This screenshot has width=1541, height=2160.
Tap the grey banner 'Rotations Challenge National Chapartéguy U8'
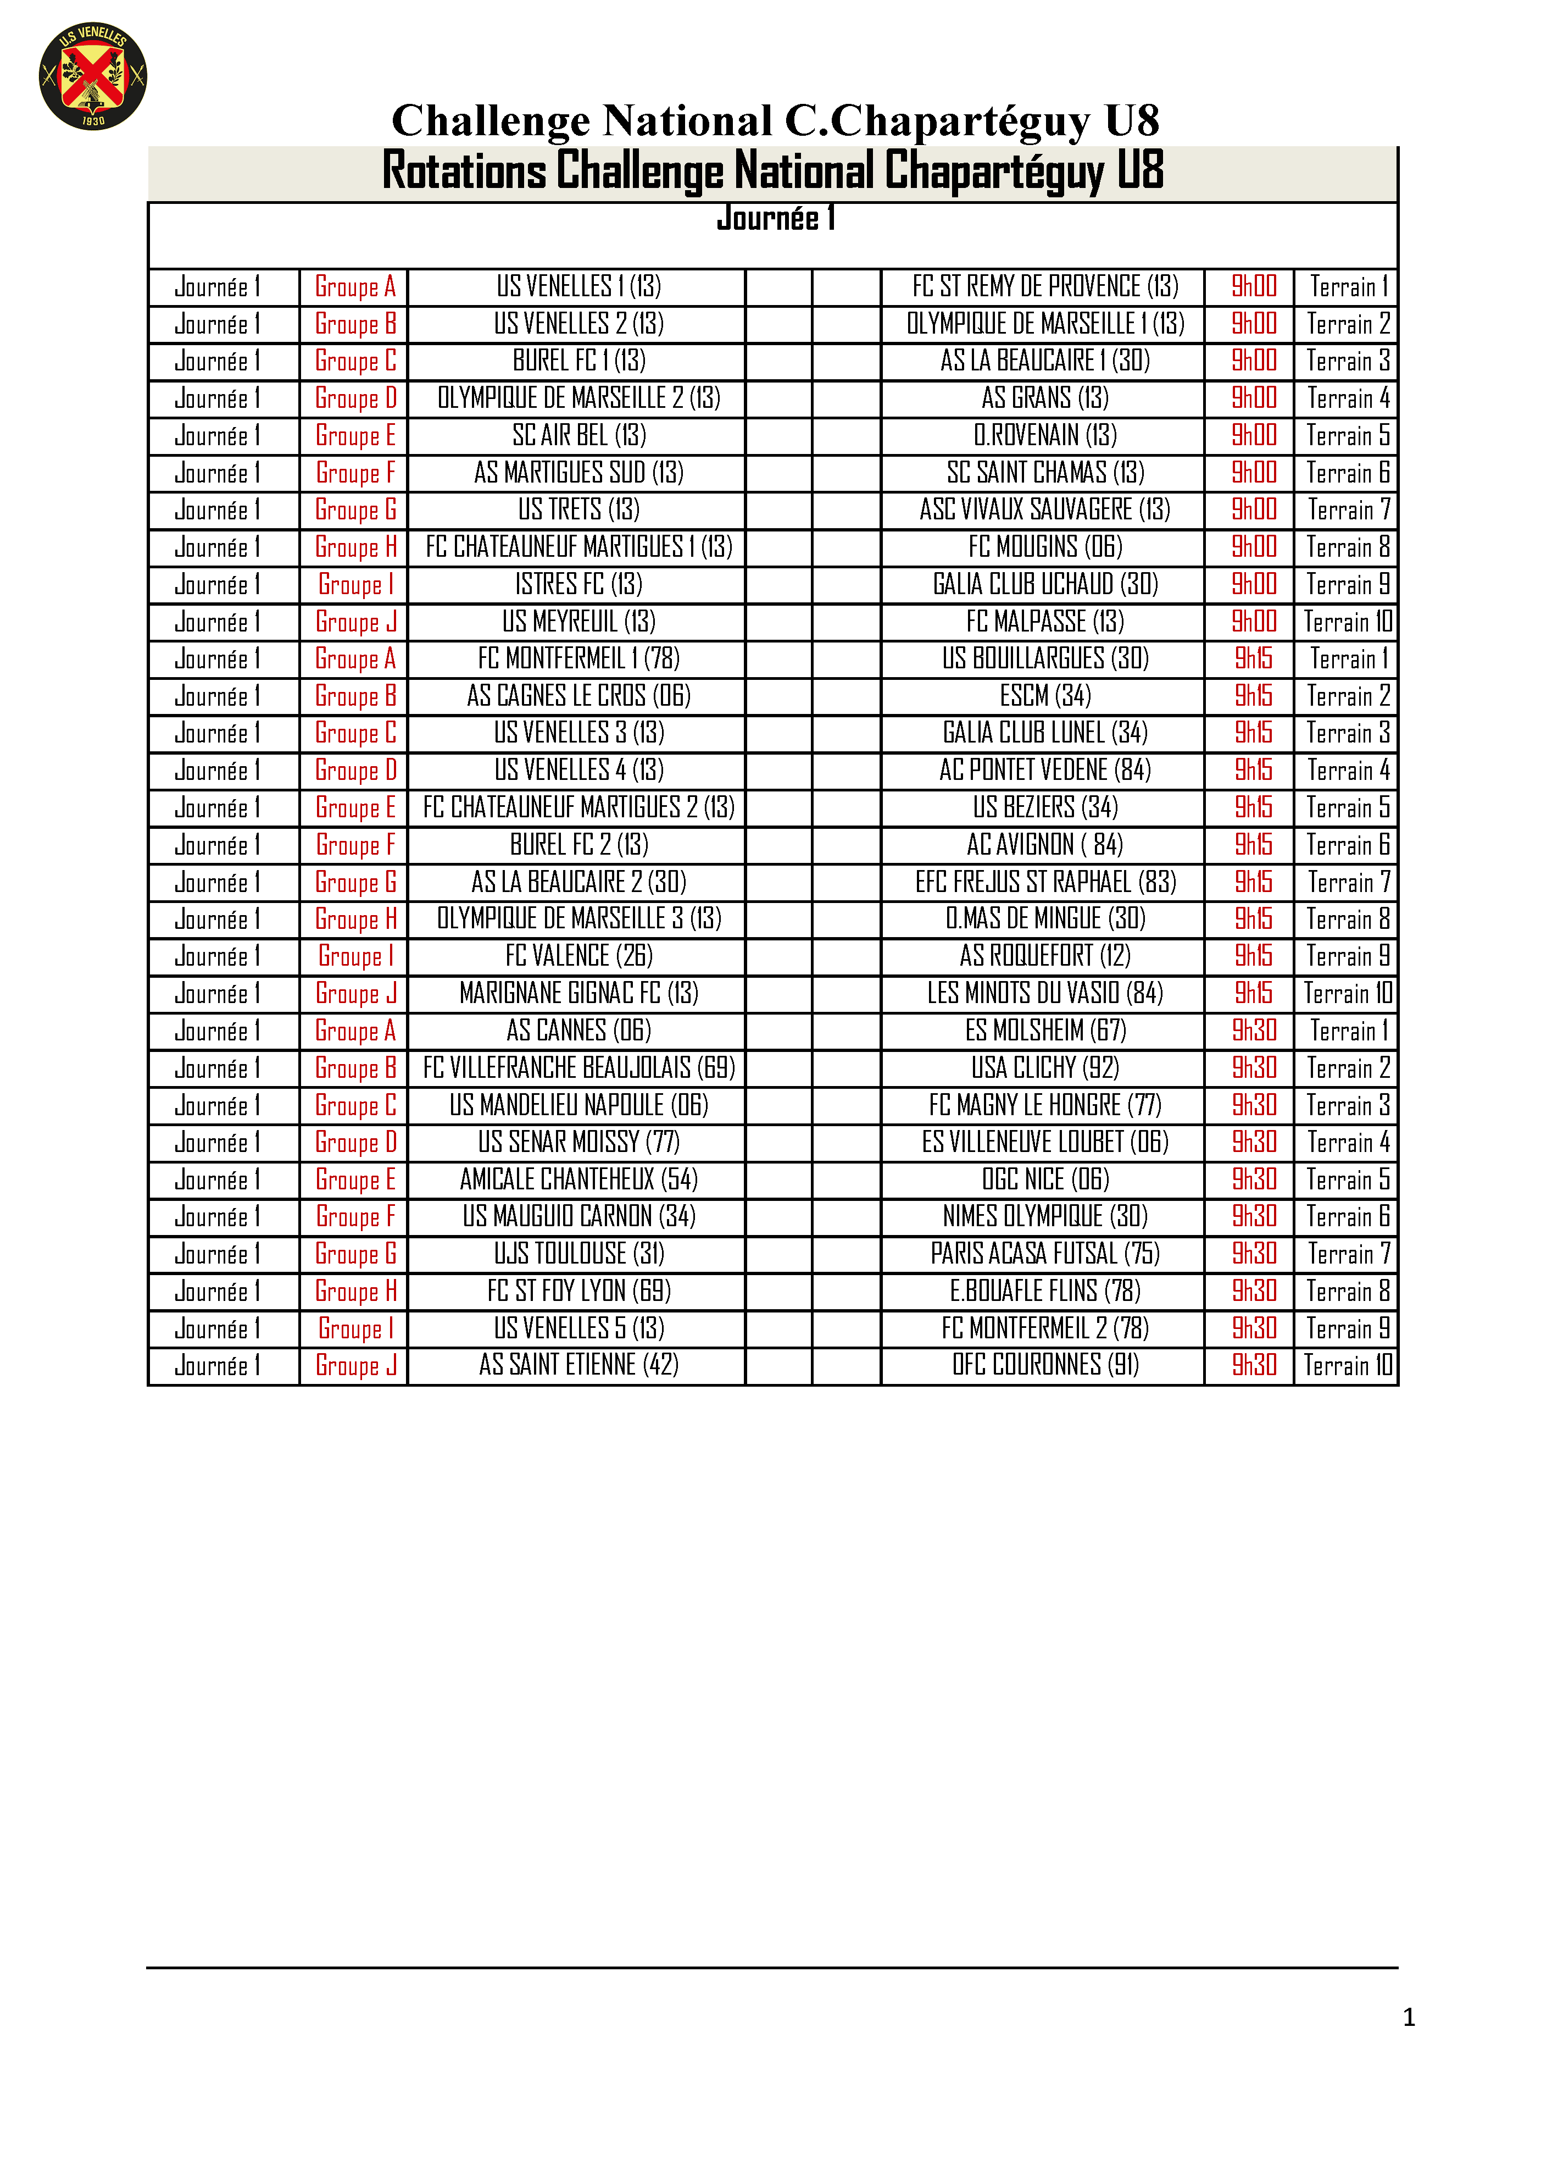click(x=772, y=172)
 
